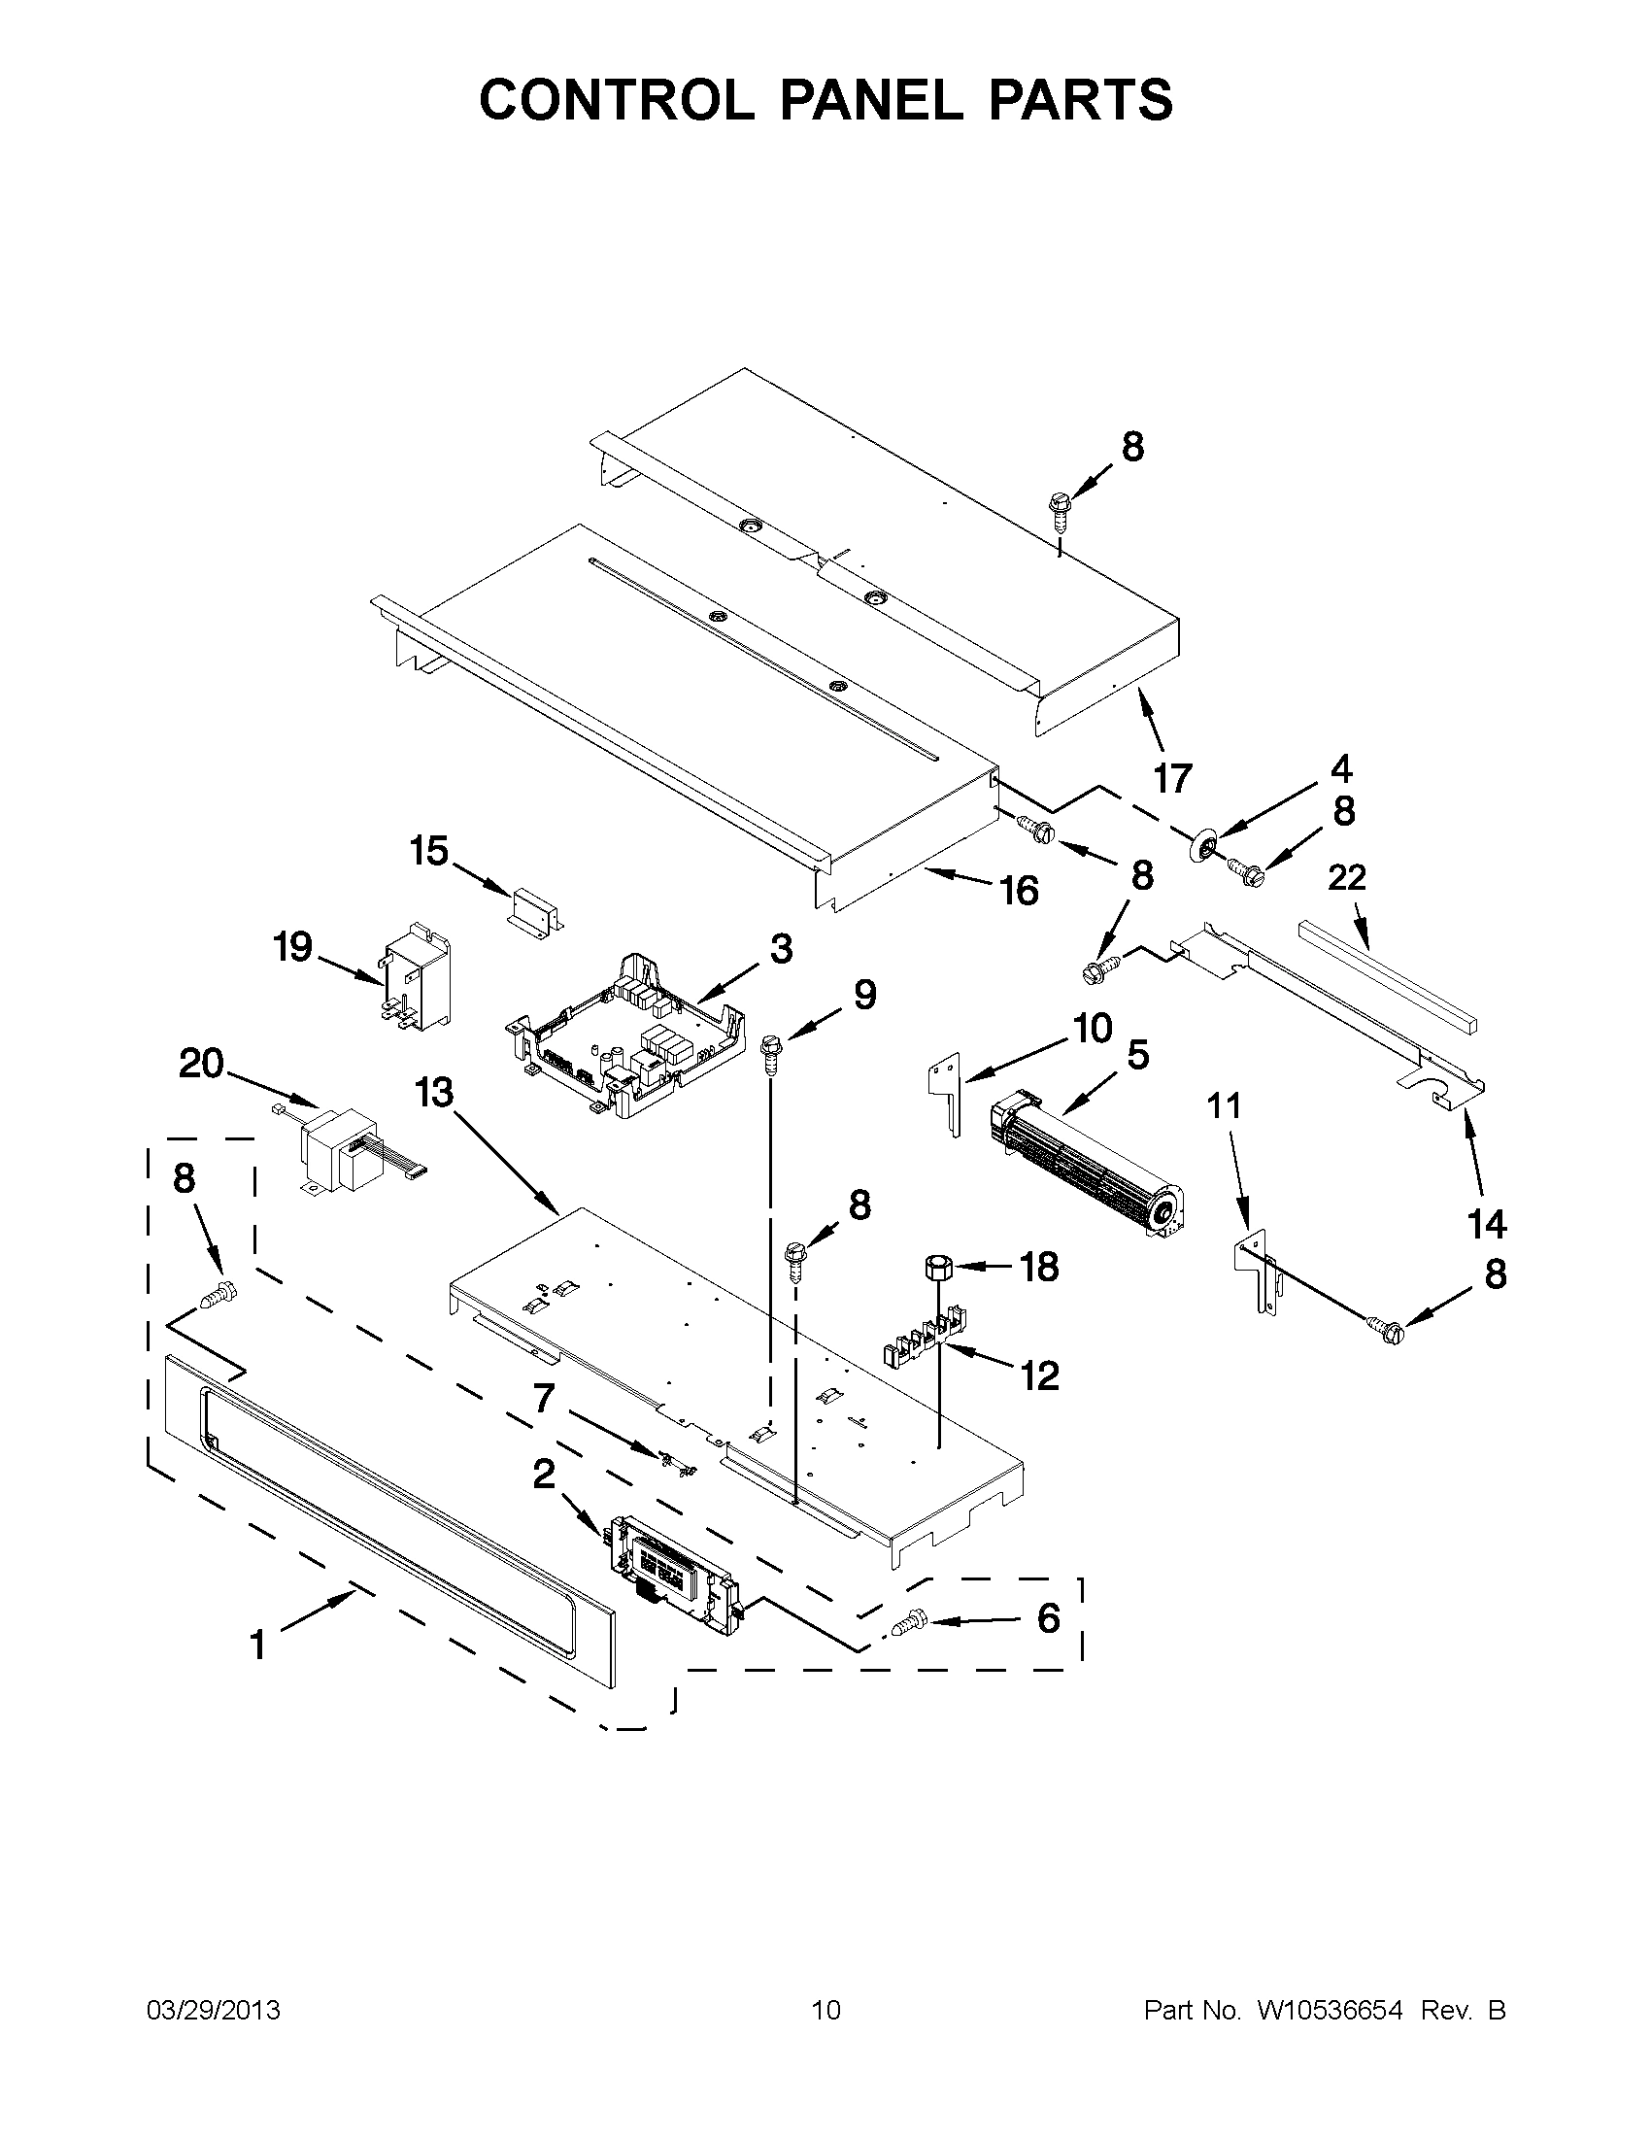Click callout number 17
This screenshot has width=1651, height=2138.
(1171, 779)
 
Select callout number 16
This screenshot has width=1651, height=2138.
(1018, 891)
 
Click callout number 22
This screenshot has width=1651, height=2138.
(1346, 878)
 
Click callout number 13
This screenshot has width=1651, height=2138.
(433, 1093)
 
